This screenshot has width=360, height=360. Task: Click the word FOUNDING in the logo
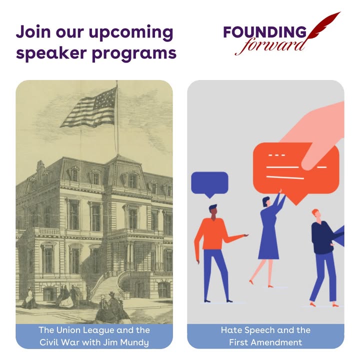pos(264,32)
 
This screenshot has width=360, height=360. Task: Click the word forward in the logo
pos(271,47)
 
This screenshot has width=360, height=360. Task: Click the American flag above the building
pos(89,108)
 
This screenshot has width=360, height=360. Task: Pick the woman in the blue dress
pos(269,239)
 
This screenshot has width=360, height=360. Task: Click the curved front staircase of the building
pos(108,284)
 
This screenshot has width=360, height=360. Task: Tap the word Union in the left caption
pos(67,330)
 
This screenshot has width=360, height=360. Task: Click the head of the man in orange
pos(213,211)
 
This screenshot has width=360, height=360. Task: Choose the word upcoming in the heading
pos(131,33)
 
